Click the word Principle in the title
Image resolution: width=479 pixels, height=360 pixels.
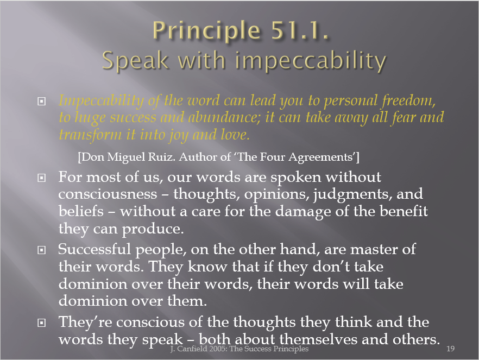(206, 31)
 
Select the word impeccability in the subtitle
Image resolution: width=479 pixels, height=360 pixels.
(311, 61)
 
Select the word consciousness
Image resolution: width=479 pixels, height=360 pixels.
(108, 194)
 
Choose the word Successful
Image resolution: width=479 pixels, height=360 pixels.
(94, 249)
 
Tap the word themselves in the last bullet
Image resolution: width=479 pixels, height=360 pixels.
(318, 339)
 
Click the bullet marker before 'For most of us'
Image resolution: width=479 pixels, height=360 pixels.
(41, 178)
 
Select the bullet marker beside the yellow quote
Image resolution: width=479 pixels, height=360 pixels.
(41, 101)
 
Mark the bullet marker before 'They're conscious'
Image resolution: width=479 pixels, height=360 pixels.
(41, 323)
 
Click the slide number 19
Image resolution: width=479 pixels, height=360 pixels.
(451, 349)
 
